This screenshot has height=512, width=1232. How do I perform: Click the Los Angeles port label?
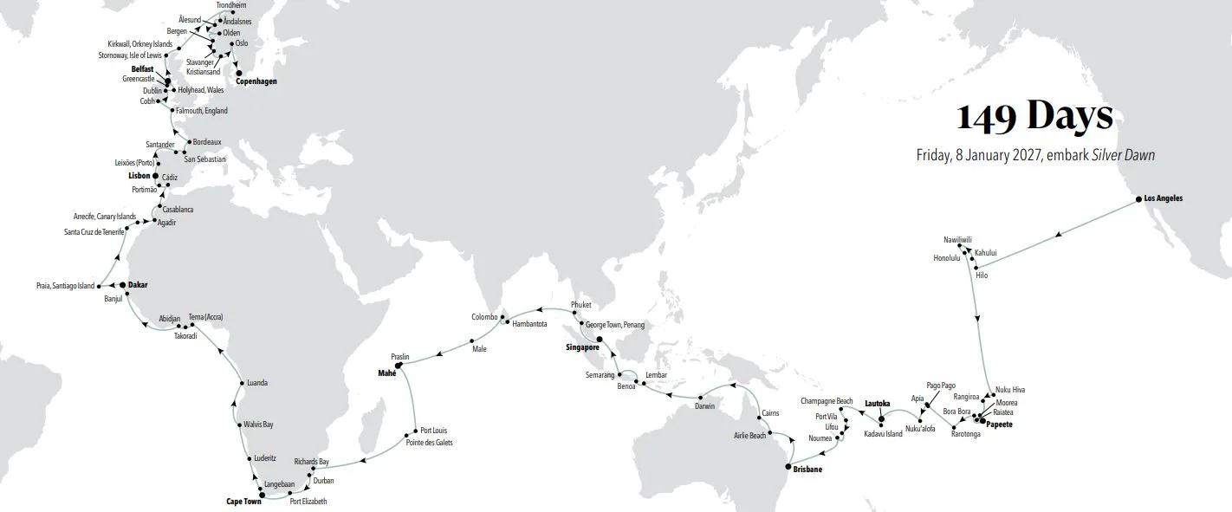click(1164, 198)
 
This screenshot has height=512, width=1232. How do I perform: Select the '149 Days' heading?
click(1034, 116)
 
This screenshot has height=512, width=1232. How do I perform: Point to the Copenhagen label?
click(249, 81)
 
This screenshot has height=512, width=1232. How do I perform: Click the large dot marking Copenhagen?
click(239, 73)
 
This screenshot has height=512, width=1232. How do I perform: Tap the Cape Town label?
click(243, 502)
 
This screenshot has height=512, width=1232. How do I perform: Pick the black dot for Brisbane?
click(787, 468)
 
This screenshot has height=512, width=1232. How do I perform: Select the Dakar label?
click(139, 284)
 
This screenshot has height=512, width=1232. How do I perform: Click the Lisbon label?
click(139, 175)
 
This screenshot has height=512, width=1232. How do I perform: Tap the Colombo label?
click(485, 317)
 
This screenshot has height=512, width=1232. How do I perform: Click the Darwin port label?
click(706, 406)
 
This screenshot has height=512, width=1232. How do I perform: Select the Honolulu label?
click(947, 258)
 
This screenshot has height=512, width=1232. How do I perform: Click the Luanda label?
click(257, 383)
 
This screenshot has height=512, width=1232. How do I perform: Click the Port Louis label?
click(433, 431)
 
